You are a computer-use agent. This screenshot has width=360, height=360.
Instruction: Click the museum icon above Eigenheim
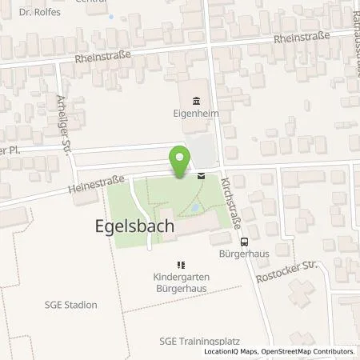(x=196, y=101)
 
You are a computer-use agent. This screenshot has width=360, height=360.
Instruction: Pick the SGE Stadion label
(x=71, y=305)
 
